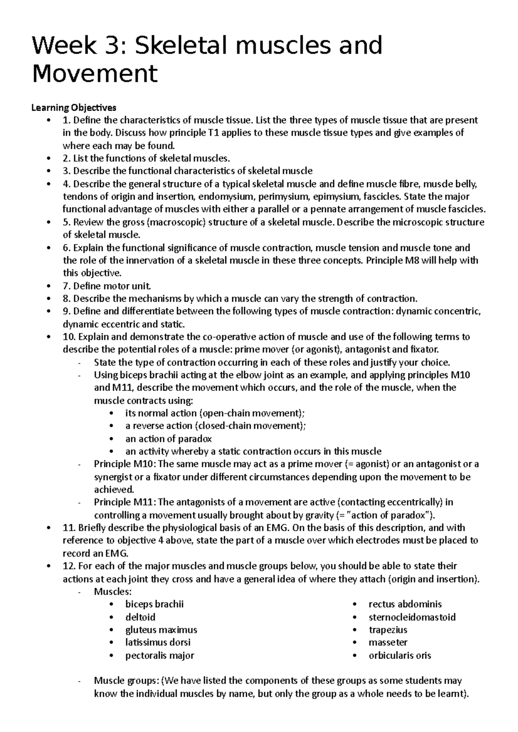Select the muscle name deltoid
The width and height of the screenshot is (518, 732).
pyautogui.click(x=140, y=617)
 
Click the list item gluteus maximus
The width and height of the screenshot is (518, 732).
pyautogui.click(x=161, y=630)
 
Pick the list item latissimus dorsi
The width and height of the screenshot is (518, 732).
pyautogui.click(x=158, y=642)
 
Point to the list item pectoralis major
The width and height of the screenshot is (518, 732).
pyautogui.click(x=159, y=655)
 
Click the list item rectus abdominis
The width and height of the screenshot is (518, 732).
pyautogui.click(x=405, y=604)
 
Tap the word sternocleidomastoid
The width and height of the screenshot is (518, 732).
pyautogui.click(x=412, y=617)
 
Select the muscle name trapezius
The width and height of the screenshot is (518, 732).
pyautogui.click(x=388, y=630)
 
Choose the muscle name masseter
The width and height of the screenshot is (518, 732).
pyautogui.click(x=388, y=642)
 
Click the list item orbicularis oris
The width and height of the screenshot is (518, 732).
pyautogui.click(x=400, y=655)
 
